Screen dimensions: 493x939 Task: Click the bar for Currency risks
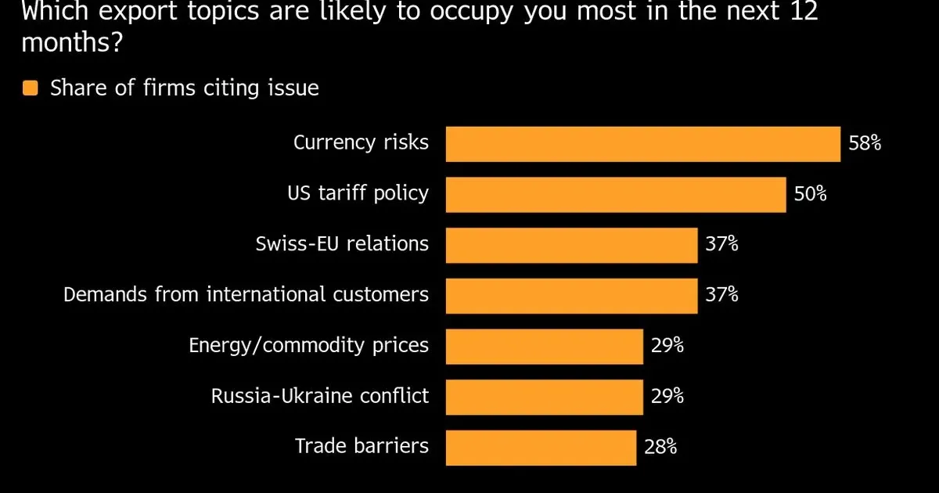coord(642,144)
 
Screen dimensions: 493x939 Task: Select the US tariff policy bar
coord(615,194)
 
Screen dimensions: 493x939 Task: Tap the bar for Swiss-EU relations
coord(571,245)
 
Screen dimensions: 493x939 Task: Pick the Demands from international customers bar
coord(571,295)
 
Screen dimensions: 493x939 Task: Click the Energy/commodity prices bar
coord(544,346)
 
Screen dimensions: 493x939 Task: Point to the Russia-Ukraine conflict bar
coord(544,396)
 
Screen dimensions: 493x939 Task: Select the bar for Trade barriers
coord(541,447)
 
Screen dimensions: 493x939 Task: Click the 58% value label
coord(865,144)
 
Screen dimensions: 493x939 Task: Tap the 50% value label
coord(810,194)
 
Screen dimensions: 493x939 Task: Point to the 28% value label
coord(660,447)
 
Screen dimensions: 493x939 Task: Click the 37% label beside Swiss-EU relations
coord(721,245)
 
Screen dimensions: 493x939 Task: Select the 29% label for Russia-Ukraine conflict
coord(667,396)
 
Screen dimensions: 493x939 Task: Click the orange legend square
coord(30,88)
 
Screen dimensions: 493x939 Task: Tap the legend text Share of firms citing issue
coord(184,88)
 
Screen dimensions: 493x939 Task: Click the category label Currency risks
coord(361,143)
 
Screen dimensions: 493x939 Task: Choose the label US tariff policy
coord(358,193)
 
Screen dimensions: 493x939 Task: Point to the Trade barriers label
coord(362,446)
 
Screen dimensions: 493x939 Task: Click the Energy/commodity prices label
coord(308,345)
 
